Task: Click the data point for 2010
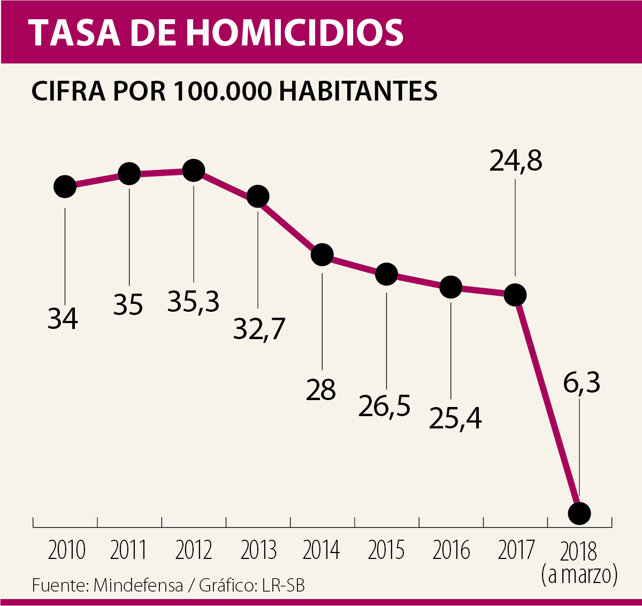point(65,187)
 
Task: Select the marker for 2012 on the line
point(193,171)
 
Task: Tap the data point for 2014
point(322,255)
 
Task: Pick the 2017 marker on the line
point(515,295)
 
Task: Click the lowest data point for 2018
point(579,513)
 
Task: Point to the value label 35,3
point(193,302)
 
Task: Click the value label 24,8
point(516,160)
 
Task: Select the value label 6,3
point(582,382)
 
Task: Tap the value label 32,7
point(259,328)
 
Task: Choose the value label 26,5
point(384,406)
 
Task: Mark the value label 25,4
point(455,418)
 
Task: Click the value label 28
point(321,389)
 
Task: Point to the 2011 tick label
point(128,550)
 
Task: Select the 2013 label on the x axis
point(258,550)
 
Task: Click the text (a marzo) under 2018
point(579,575)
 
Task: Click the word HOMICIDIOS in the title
point(295,32)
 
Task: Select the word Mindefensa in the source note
point(138,586)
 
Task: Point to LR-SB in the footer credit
point(284,586)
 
